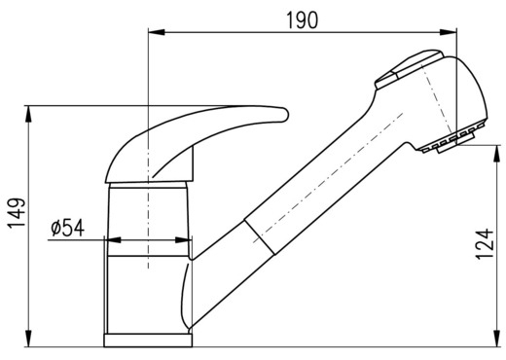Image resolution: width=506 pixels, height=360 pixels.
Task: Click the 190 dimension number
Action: (303, 20)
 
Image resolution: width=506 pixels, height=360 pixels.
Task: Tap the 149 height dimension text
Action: (17, 213)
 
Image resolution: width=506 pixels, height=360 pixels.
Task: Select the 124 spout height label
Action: (485, 244)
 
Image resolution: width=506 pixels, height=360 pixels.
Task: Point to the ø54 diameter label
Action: (68, 228)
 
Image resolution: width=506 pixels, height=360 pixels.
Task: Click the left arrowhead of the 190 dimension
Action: (157, 32)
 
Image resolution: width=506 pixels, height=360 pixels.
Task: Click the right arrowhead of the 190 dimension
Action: (449, 32)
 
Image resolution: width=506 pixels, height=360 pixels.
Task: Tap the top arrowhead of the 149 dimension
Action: (28, 114)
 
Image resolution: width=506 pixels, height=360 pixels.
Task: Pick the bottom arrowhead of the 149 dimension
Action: (28, 339)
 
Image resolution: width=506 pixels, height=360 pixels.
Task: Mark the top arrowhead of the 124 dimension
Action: (496, 154)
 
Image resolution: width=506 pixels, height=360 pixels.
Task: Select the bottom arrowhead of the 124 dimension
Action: (496, 339)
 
